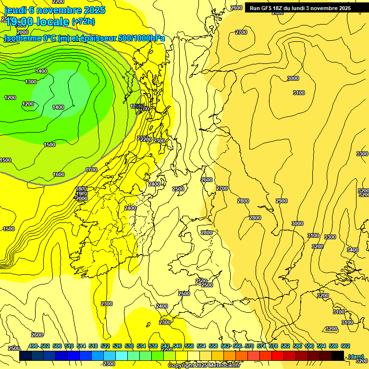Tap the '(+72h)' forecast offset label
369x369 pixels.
[x=83, y=22]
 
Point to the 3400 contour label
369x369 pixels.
[x=353, y=250]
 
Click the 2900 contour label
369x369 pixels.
[x=282, y=201]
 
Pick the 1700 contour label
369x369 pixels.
[x=91, y=170]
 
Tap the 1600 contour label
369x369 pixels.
[x=59, y=174]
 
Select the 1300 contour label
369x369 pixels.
[x=31, y=82]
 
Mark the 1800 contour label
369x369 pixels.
[x=81, y=189]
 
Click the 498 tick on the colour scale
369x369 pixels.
[x=33, y=346]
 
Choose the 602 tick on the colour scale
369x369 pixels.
[x=345, y=346]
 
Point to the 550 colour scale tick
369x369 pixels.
[x=189, y=346]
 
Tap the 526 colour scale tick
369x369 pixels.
[x=117, y=346]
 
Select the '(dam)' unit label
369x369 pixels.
[x=356, y=356]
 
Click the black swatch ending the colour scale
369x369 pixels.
[x=337, y=356]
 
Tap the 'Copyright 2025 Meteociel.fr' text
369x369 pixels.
[x=204, y=366]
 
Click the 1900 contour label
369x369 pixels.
[x=81, y=194]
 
